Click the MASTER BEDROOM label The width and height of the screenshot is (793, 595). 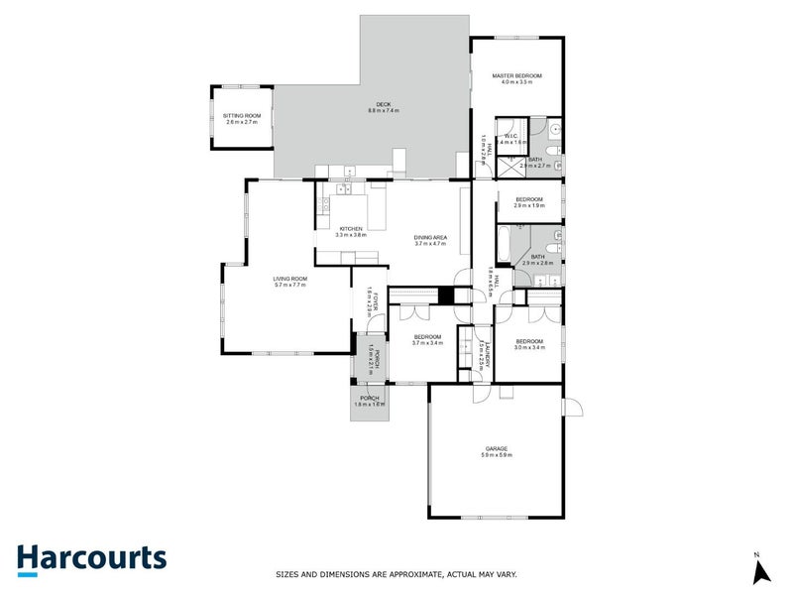pos(516,75)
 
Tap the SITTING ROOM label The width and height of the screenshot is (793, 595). pos(242,115)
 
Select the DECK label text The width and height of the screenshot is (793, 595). pos(383,105)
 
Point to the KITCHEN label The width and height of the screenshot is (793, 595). pos(351,228)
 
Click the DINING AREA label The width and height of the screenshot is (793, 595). pos(431,236)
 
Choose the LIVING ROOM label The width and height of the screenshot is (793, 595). pos(290,279)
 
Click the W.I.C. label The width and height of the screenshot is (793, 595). pos(511,136)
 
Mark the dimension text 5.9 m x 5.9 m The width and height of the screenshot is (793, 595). pos(495,455)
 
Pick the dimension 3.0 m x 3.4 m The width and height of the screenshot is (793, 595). pos(528,348)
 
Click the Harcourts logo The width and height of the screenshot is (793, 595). pos(91,558)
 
